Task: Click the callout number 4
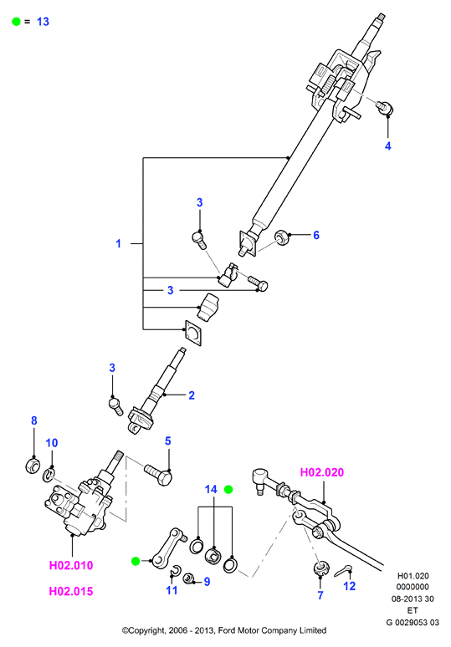387,146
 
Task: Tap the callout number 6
316,235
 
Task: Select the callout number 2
192,395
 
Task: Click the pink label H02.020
322,472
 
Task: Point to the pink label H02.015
71,591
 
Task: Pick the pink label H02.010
71,565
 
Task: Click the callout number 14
211,489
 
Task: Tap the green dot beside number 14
228,489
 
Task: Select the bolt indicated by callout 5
159,475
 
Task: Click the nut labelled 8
32,465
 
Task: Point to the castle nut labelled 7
321,569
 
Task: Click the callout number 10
52,443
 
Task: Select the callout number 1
119,244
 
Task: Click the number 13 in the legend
43,22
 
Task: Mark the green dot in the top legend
16,22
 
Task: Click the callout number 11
172,590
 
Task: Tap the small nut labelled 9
189,578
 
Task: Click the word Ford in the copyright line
226,630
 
